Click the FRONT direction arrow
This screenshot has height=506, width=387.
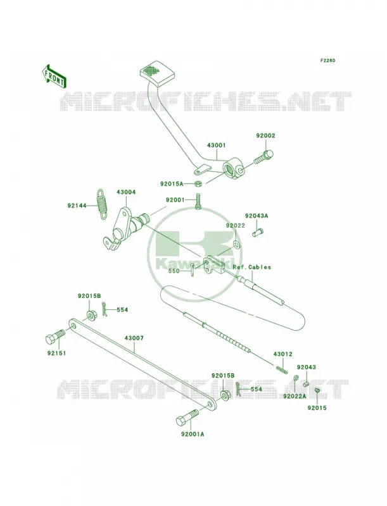(x=54, y=77)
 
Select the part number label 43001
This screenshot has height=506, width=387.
(x=217, y=145)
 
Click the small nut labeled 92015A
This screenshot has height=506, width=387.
(x=198, y=184)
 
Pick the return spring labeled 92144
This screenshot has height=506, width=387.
(x=102, y=204)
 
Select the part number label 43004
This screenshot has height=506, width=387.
(x=126, y=192)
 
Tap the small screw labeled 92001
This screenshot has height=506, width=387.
(x=198, y=202)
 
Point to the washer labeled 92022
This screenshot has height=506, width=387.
(x=236, y=245)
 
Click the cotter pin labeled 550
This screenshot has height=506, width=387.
(x=193, y=270)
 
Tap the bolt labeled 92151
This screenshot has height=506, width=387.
(x=56, y=338)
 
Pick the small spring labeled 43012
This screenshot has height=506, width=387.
(x=282, y=369)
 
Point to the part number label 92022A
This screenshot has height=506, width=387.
(x=295, y=396)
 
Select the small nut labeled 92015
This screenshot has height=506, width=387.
(x=317, y=392)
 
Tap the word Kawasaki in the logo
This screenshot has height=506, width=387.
(x=194, y=262)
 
